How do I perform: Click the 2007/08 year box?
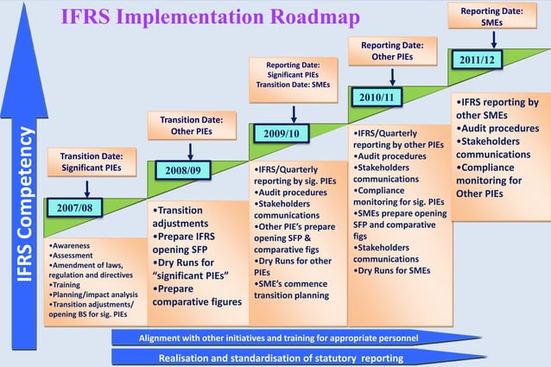click(74, 209)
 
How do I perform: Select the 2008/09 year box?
click(183, 170)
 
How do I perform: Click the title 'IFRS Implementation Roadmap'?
click(210, 17)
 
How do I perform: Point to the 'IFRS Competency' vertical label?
click(25, 204)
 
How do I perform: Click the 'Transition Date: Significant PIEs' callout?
click(91, 161)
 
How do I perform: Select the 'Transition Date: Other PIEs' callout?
click(193, 124)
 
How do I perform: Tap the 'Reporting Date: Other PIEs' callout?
click(391, 50)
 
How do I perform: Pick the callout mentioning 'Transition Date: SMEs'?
click(294, 75)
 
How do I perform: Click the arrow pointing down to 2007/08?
click(87, 188)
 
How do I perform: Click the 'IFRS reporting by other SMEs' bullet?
click(497, 108)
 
